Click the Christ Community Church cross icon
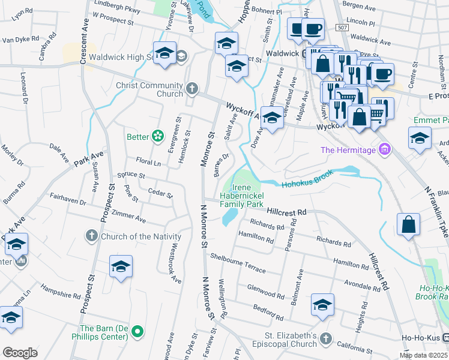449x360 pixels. point(191,89)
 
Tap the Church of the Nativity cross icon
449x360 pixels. point(91,236)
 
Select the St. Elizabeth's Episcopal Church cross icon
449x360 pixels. point(325,339)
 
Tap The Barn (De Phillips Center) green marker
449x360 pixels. point(137,331)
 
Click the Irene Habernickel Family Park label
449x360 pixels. point(241,196)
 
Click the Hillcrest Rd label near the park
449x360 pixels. point(287,212)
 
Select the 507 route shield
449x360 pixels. point(342,28)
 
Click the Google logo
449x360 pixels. point(20,353)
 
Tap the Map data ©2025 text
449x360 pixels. point(423,355)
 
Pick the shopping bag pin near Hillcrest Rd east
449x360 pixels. point(408,225)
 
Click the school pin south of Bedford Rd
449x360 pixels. point(322,305)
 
